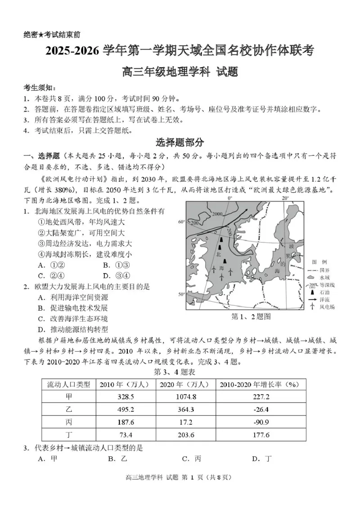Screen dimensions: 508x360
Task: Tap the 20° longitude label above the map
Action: (285, 198)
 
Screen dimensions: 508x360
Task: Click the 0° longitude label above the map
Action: (229, 198)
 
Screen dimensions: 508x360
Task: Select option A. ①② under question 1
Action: (52, 265)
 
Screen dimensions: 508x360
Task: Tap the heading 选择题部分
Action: (180, 143)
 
